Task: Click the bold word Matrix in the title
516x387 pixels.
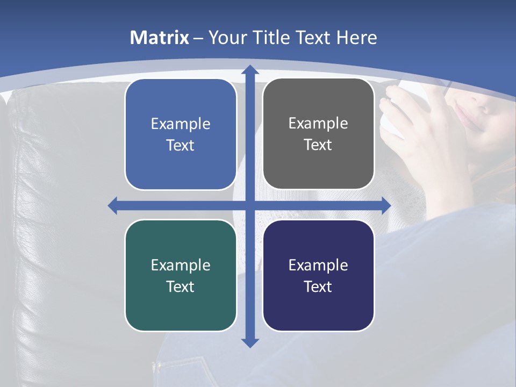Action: (160, 38)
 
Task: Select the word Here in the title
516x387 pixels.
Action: (356, 38)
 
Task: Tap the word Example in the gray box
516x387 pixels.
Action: (318, 124)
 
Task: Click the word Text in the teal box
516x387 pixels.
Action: (181, 286)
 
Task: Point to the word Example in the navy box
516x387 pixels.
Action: (318, 265)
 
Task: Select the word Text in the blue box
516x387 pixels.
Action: (181, 145)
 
